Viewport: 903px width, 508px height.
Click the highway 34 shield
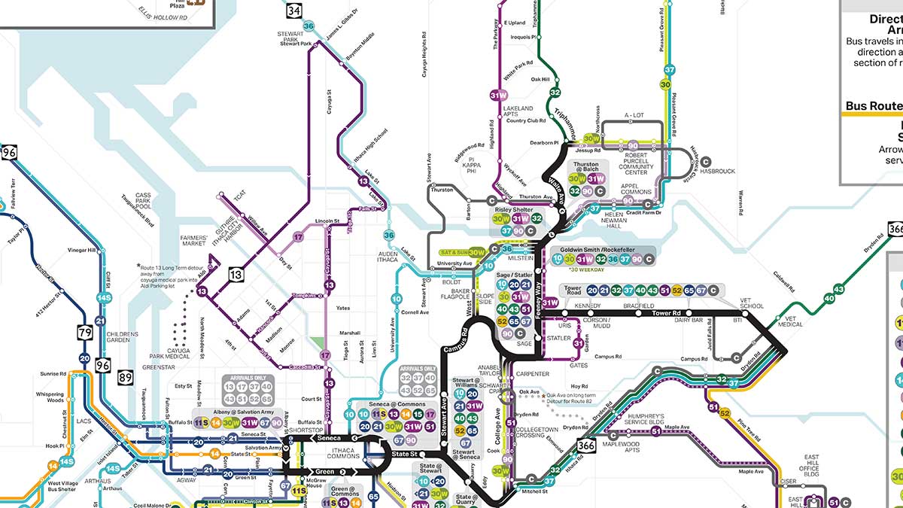[x=293, y=11]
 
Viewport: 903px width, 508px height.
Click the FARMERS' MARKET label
[x=193, y=241]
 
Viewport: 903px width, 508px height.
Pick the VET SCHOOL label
[x=751, y=303]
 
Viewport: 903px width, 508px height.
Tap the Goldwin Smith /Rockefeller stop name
[x=601, y=249]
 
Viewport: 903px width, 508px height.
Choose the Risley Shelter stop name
[x=512, y=210]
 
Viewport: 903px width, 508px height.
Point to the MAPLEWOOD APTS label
[x=621, y=446]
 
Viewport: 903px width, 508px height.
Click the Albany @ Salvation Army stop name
[x=238, y=413]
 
